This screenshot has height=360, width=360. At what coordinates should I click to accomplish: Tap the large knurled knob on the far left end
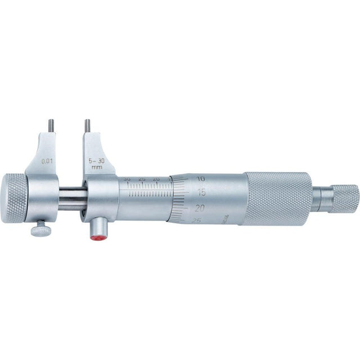14,197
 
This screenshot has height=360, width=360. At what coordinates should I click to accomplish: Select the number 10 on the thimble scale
201,179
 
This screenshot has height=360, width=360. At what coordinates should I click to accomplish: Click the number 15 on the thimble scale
201,193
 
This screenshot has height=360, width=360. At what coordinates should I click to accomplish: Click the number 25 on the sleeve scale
141,179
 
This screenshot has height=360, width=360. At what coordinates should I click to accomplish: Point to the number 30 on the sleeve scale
127,179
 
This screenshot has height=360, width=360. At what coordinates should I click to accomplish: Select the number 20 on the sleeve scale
156,179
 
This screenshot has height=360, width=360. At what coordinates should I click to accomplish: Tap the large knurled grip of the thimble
277,197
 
